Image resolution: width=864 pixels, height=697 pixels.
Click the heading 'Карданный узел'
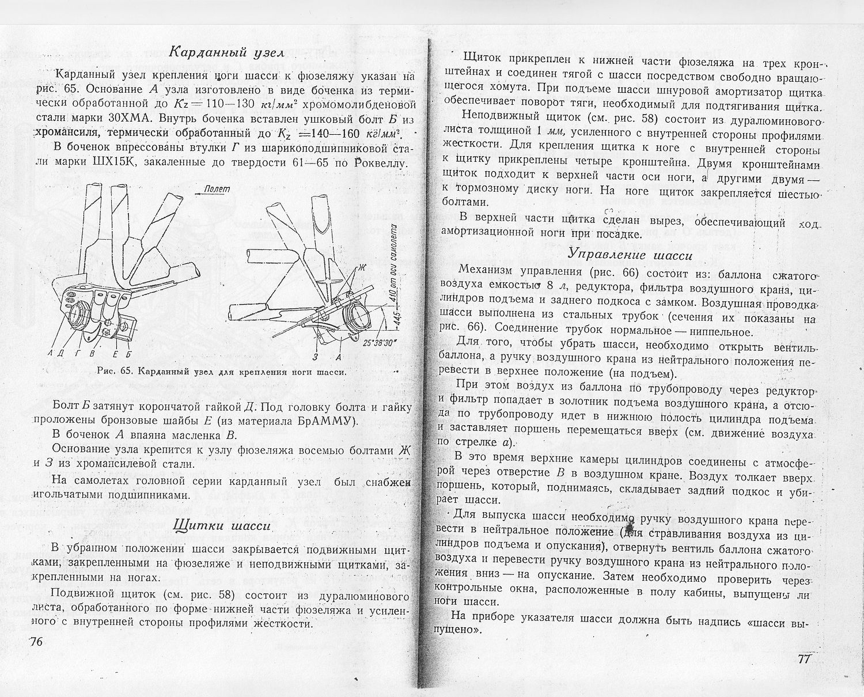tap(227, 52)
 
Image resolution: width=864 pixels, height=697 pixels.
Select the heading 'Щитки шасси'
tap(222, 526)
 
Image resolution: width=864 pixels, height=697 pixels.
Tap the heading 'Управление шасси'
tap(630, 254)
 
